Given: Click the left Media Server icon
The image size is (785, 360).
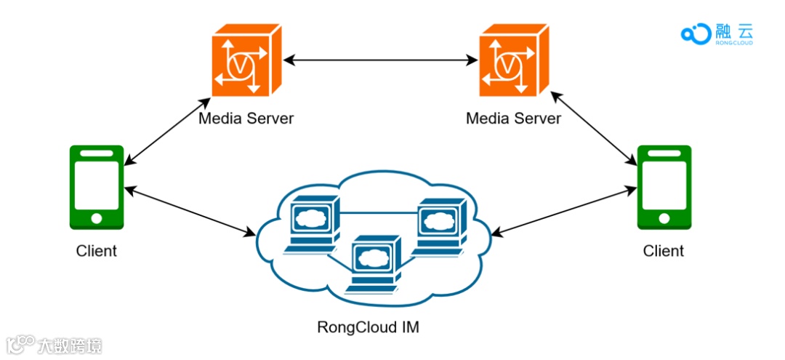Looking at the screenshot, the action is (x=246, y=60).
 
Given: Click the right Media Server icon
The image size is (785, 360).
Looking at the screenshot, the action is (x=514, y=60).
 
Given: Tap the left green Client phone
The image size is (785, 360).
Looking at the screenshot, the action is (x=97, y=187).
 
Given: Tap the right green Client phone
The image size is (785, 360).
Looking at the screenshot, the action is (x=664, y=187).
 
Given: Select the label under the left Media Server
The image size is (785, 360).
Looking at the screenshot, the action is (x=246, y=119).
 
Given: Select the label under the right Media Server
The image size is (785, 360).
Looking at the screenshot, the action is (x=514, y=119).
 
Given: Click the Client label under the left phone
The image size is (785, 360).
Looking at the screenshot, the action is (x=97, y=250).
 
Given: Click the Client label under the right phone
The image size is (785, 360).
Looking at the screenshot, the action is (x=664, y=250).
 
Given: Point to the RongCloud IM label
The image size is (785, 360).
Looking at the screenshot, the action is (x=368, y=327).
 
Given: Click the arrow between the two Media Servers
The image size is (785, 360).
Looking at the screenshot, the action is (x=380, y=60).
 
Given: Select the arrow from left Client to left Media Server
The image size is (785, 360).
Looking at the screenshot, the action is (x=167, y=131).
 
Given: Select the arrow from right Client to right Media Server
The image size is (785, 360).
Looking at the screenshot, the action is (x=594, y=129).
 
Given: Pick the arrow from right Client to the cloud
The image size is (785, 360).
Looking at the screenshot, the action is (x=564, y=211).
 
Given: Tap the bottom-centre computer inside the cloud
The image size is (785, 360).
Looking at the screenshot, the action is (x=374, y=263).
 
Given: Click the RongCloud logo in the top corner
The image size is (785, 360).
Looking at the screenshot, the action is (x=717, y=34).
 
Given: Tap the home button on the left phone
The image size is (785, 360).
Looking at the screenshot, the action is (x=97, y=218).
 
